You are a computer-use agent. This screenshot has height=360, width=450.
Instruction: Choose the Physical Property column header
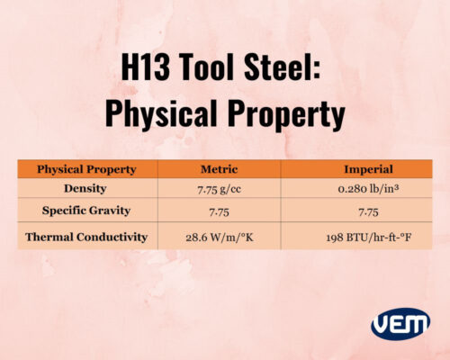click(86, 169)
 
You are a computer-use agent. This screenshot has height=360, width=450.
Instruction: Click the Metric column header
click(219, 169)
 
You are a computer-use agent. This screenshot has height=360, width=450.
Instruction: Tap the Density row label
click(85, 189)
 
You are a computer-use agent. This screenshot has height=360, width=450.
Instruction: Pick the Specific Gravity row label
click(85, 211)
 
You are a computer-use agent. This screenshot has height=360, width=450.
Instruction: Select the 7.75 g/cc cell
click(219, 189)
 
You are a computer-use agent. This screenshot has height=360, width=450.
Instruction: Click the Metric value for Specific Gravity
click(219, 211)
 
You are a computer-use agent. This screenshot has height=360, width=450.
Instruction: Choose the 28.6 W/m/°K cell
click(219, 238)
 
